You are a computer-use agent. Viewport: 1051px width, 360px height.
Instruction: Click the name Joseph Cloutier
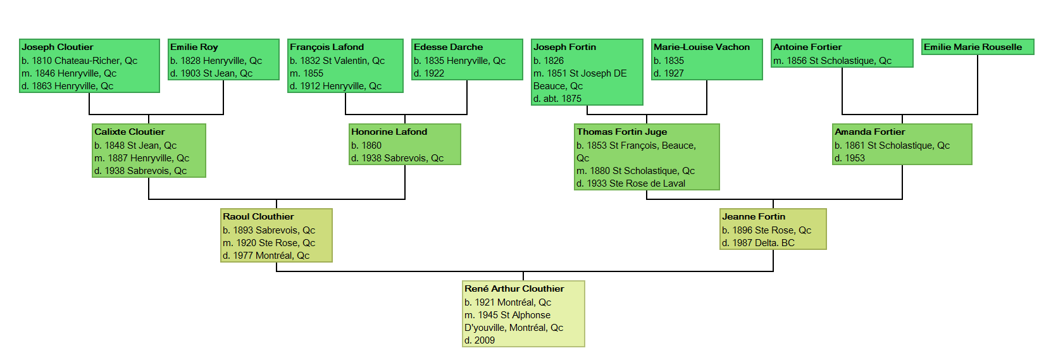(x=58, y=47)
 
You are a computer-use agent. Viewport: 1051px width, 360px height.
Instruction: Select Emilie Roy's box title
(x=194, y=47)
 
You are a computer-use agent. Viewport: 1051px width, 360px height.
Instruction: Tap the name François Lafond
(x=327, y=47)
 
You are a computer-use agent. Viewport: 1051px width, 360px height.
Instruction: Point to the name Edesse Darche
(x=448, y=47)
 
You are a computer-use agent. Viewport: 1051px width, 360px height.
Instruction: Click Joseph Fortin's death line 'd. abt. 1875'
(x=557, y=99)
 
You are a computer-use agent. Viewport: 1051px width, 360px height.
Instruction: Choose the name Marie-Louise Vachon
(x=702, y=47)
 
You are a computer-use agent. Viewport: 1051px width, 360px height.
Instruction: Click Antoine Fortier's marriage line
(x=832, y=61)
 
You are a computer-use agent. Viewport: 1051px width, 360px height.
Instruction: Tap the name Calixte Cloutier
(x=130, y=132)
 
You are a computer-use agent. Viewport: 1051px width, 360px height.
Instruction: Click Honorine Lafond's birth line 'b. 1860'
(x=366, y=146)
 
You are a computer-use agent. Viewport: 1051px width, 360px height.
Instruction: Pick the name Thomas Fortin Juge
(x=622, y=132)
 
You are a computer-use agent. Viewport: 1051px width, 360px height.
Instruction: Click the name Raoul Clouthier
(x=258, y=217)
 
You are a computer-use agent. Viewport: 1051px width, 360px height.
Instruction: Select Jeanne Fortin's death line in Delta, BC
(x=758, y=243)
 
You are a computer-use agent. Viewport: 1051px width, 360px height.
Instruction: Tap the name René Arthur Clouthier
(x=514, y=289)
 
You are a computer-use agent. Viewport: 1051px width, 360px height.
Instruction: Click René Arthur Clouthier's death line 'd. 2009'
(x=480, y=340)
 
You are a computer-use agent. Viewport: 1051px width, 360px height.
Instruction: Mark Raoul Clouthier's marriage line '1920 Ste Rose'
(x=269, y=243)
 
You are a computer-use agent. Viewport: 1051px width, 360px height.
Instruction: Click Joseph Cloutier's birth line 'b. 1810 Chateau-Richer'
(x=79, y=61)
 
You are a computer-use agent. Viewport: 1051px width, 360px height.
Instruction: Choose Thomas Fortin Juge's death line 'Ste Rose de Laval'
(x=631, y=183)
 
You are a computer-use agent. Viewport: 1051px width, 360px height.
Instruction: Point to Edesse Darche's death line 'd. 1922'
(x=429, y=73)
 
